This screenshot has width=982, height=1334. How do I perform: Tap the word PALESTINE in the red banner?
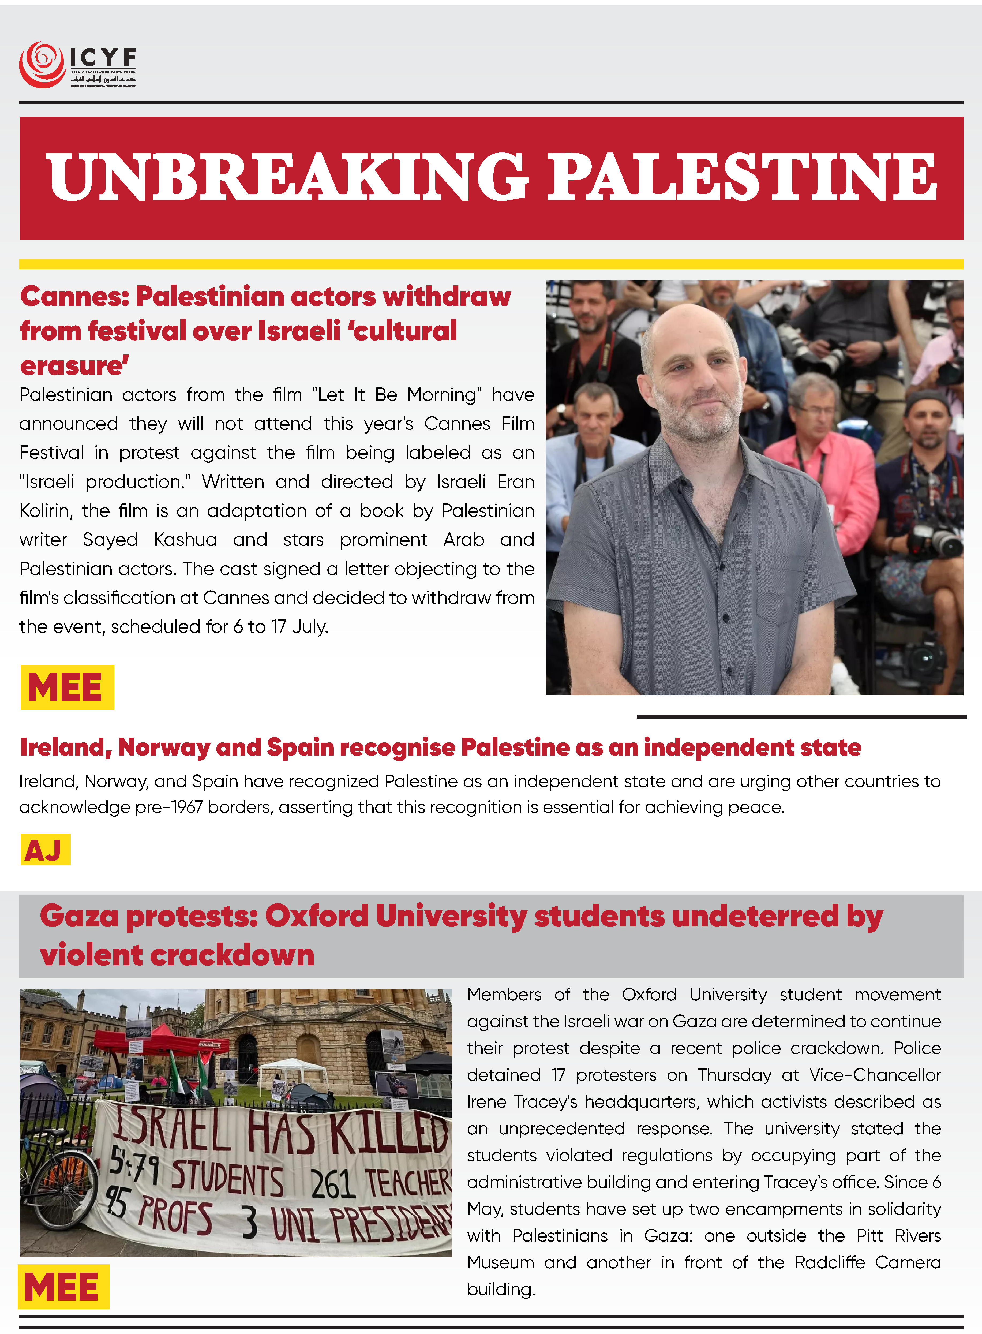click(742, 177)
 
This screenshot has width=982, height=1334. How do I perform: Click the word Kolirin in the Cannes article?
click(45, 511)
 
